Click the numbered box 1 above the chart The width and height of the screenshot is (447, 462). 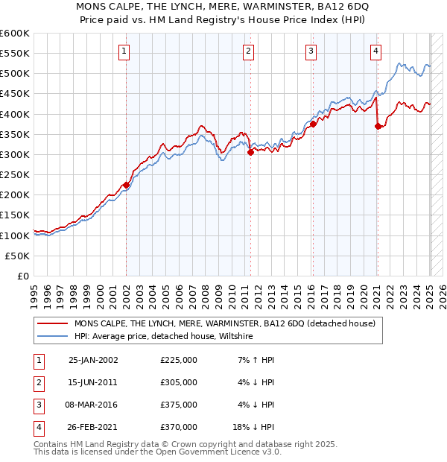click(124, 51)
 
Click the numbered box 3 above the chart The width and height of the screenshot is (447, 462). click(311, 51)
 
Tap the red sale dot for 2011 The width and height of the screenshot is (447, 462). click(250, 151)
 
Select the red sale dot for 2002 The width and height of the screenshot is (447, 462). click(126, 185)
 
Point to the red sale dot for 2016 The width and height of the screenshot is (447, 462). click(314, 124)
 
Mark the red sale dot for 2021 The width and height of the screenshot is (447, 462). click(378, 126)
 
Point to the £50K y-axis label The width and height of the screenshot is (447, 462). click(18, 256)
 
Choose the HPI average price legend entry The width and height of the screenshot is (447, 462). click(164, 337)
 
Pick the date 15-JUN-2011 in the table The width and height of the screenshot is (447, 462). click(93, 382)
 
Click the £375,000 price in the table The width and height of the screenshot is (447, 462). click(179, 405)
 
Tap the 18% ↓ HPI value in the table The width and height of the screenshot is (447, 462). click(253, 427)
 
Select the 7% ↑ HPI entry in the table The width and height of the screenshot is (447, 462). click(254, 360)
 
